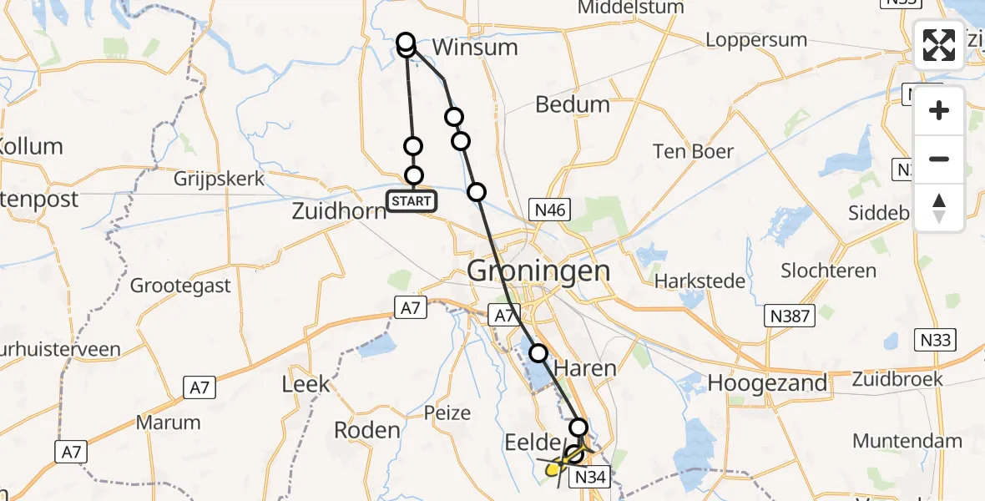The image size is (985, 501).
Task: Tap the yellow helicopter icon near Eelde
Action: [557, 468]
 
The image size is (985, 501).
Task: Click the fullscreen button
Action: [939, 45]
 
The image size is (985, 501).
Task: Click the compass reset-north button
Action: [939, 208]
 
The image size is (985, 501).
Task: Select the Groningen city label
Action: [538, 271]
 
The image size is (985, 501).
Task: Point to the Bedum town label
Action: [572, 104]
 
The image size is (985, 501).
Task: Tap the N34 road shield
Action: [594, 477]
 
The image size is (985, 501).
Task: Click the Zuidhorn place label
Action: [339, 210]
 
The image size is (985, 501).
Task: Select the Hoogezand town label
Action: [768, 382]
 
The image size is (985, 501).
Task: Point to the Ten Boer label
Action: [693, 151]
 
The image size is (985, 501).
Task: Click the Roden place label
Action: [367, 430]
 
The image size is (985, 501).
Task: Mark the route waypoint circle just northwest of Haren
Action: [538, 353]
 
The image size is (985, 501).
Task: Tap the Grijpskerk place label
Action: [220, 179]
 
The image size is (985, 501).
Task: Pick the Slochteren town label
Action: [828, 271]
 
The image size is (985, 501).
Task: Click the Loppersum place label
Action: [756, 39]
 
